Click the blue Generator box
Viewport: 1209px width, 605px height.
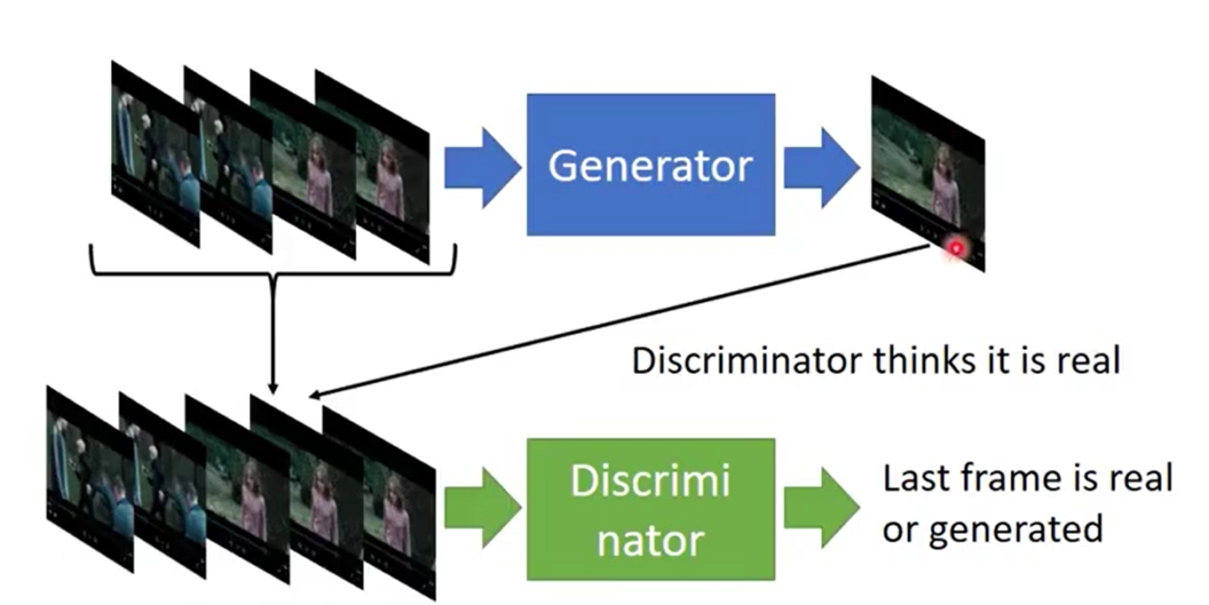[650, 164]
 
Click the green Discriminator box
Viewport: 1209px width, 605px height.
[650, 508]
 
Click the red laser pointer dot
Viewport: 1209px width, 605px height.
[956, 249]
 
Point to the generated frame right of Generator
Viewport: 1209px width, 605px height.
[928, 173]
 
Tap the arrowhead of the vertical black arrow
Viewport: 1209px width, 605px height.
[273, 387]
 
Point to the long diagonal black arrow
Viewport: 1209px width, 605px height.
[621, 320]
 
